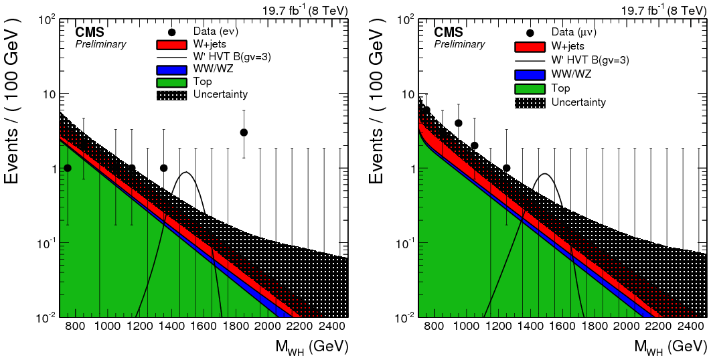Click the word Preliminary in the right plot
click(x=459, y=44)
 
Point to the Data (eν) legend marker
click(x=173, y=32)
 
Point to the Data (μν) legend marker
click(x=531, y=32)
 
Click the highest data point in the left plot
click(x=244, y=132)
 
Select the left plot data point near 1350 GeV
click(x=164, y=168)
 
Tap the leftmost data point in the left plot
click(x=67, y=168)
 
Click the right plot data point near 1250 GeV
click(x=506, y=168)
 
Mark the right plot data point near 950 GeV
click(x=459, y=123)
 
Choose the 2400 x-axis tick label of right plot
click(x=691, y=327)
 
